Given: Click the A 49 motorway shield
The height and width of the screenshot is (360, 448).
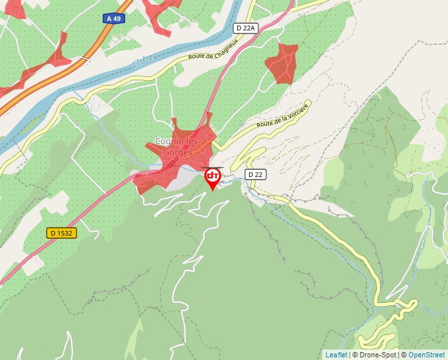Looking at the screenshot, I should (x=113, y=19).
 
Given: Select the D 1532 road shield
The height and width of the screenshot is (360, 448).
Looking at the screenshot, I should (x=62, y=233).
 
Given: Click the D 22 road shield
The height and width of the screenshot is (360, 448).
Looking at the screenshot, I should (x=255, y=174).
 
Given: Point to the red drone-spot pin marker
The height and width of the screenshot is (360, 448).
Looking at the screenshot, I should (x=213, y=177).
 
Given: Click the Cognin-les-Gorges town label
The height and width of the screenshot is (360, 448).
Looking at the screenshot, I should (x=173, y=147).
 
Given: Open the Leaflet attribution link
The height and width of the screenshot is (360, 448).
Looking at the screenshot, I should (x=336, y=355).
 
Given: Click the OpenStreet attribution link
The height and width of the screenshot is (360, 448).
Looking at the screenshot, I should (x=427, y=355).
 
